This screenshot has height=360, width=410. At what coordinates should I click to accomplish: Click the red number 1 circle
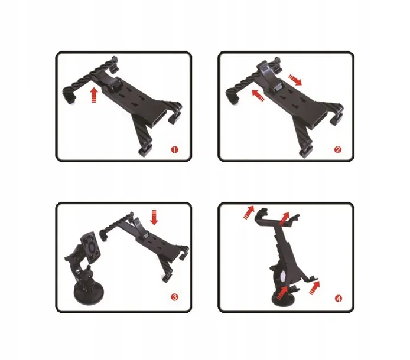pos(175,150)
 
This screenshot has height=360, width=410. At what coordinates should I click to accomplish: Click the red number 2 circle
pos(337,150)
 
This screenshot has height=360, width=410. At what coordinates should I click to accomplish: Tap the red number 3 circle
pos(175,297)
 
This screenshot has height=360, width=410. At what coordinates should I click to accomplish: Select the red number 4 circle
pos(339,299)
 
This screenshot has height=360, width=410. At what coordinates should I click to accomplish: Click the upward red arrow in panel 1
pos(94,95)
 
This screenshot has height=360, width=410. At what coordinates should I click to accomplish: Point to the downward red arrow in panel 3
pos(154,217)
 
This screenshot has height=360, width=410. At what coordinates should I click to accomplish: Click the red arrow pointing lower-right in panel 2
pos(295,80)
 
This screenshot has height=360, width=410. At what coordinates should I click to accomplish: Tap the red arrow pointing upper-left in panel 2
pos(258,96)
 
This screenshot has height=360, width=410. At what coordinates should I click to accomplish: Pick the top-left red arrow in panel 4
pos(249,212)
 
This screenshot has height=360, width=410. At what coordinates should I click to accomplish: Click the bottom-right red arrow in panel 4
pos(314,287)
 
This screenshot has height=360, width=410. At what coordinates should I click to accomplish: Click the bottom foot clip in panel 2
pos(307,152)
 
